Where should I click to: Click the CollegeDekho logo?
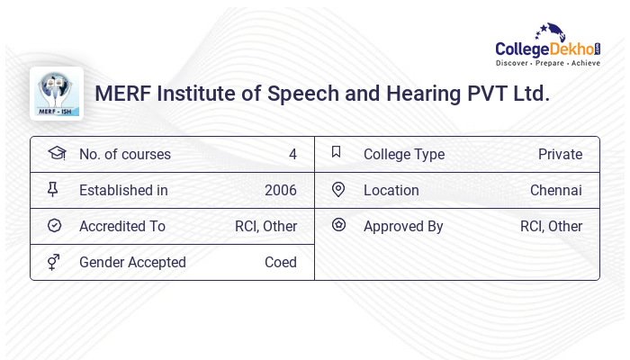pos(548,47)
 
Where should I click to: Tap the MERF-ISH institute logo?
pos(57,94)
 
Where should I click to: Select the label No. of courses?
pos(124,154)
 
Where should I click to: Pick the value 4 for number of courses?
pos(292,154)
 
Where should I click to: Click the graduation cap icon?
pos(56,153)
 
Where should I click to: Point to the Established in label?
pos(123,190)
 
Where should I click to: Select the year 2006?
pos(280,190)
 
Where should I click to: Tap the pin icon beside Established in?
pos(54,189)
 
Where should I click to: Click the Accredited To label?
pos(122,226)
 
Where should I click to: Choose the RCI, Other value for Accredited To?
pos(265,226)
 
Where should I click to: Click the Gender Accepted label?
pos(132,262)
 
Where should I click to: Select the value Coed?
pos(280,262)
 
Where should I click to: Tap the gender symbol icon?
pos(54,261)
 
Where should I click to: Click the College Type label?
pos(403,154)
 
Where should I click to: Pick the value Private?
pos(560,154)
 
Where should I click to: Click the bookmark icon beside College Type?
pos(337,152)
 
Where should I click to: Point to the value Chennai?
pos(555,190)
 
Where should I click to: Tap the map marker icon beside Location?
pos(338,189)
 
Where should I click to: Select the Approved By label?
pos(402,226)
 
